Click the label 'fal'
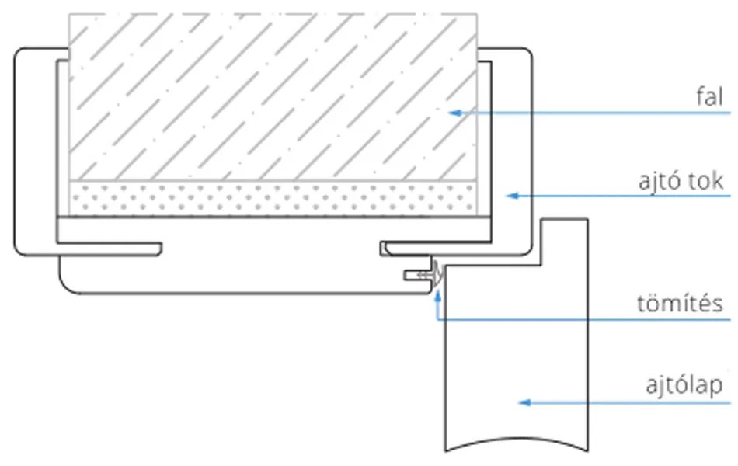tap(709, 98)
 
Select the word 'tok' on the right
tap(707, 182)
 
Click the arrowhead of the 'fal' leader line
tap(455, 113)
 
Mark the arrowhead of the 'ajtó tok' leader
tap(510, 196)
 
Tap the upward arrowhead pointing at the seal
tap(438, 293)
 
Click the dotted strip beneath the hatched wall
tap(272, 200)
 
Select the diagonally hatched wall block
tap(272, 97)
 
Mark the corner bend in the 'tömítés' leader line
tap(438, 319)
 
